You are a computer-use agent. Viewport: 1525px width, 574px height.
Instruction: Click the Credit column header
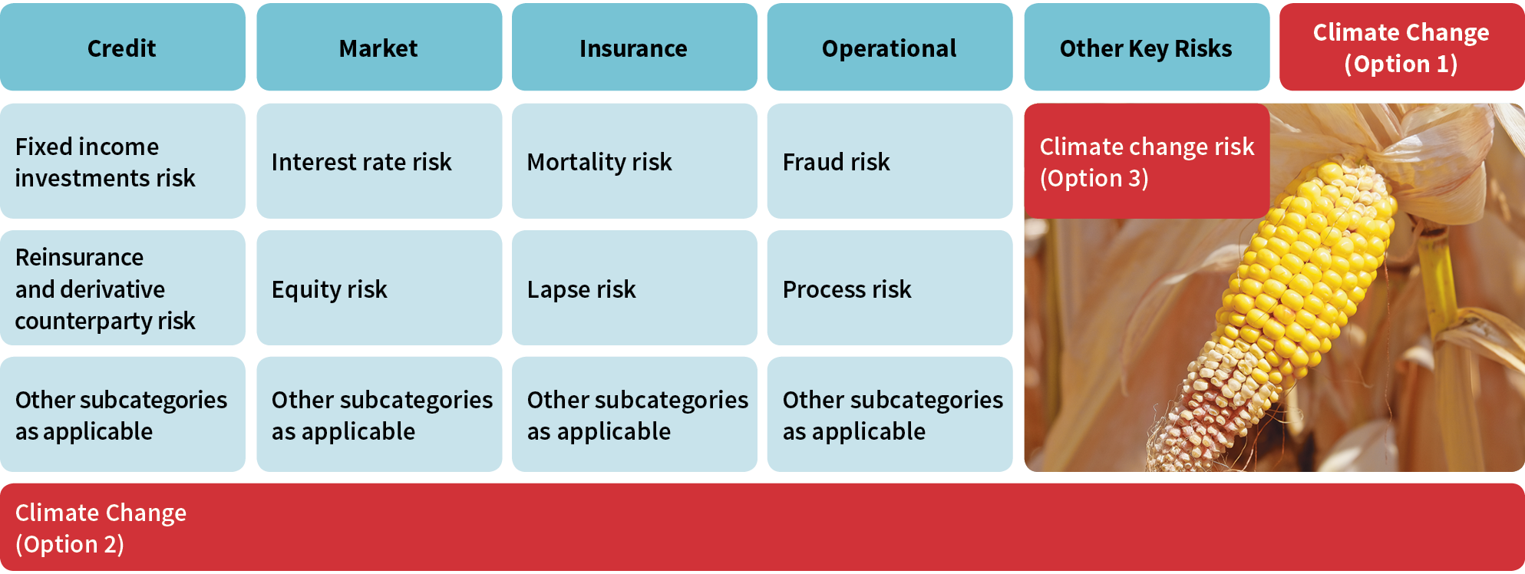coord(123,47)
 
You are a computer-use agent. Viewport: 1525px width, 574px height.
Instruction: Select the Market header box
coord(379,47)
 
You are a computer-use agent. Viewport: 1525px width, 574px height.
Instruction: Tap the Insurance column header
coord(635,47)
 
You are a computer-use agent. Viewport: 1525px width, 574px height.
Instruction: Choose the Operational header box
coord(890,47)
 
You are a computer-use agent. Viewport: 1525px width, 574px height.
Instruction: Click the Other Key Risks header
coord(1147,47)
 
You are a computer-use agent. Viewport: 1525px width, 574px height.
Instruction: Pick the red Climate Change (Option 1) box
coord(1402,47)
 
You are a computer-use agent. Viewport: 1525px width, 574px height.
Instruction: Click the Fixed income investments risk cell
coord(123,161)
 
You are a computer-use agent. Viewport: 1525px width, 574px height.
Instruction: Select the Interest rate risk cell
coord(379,161)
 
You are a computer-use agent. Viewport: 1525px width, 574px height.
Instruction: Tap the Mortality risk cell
coord(635,161)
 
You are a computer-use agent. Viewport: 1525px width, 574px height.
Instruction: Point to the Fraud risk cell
coord(890,161)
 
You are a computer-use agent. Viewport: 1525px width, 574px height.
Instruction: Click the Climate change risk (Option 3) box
coord(1147,161)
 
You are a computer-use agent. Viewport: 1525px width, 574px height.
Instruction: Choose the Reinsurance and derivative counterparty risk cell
coord(123,288)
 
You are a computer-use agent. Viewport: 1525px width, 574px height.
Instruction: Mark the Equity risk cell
coord(379,288)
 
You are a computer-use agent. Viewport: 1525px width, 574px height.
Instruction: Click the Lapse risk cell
coord(635,288)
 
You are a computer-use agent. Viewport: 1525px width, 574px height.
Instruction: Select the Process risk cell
coord(890,288)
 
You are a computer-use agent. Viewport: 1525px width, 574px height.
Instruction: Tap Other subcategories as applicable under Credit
coord(123,414)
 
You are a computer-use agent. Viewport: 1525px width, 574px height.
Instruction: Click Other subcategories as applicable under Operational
coord(890,414)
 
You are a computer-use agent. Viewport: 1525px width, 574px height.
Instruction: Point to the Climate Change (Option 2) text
coord(101,528)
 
